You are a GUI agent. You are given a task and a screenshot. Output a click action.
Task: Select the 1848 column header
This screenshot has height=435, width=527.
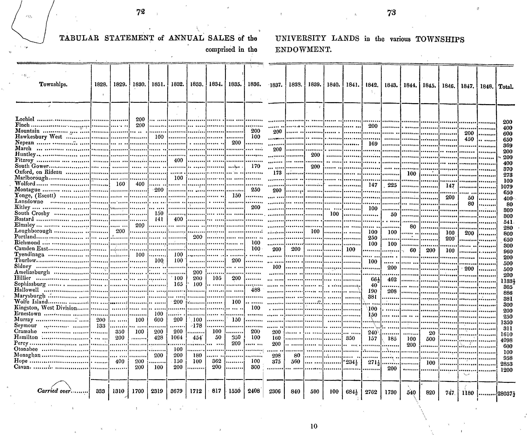pos(486,87)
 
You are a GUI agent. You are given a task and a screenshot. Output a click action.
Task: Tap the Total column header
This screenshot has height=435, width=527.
pos(505,87)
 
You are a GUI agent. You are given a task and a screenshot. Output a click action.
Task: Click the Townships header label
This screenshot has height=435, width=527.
pos(53,84)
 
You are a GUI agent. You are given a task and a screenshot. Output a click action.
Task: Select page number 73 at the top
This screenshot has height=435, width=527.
pos(391,13)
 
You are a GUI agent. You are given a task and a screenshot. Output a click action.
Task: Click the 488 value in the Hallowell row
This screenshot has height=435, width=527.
pos(255,290)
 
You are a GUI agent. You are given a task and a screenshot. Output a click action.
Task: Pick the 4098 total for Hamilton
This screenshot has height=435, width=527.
pos(506,340)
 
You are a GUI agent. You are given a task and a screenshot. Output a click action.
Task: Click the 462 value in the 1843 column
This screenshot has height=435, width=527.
pos(392,279)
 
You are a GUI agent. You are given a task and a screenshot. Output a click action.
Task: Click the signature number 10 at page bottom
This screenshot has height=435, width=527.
pos(314,426)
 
